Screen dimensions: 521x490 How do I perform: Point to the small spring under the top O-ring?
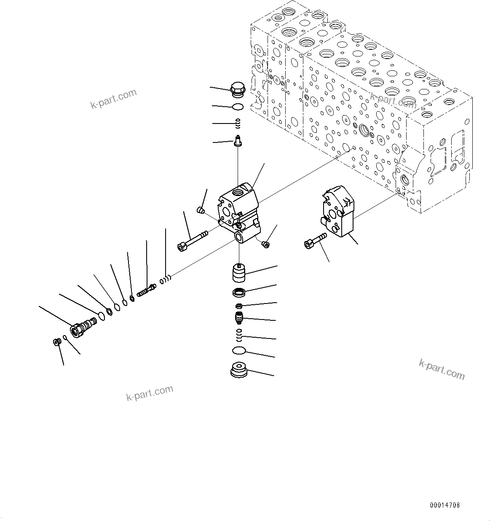click(238, 123)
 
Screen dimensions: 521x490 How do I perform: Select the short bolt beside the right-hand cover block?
click(314, 240)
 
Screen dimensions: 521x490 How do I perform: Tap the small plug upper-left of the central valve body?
click(201, 209)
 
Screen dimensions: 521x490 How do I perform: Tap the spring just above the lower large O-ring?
click(239, 335)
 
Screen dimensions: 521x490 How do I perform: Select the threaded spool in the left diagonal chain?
click(146, 290)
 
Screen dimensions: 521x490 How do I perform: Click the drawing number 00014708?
click(445, 505)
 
